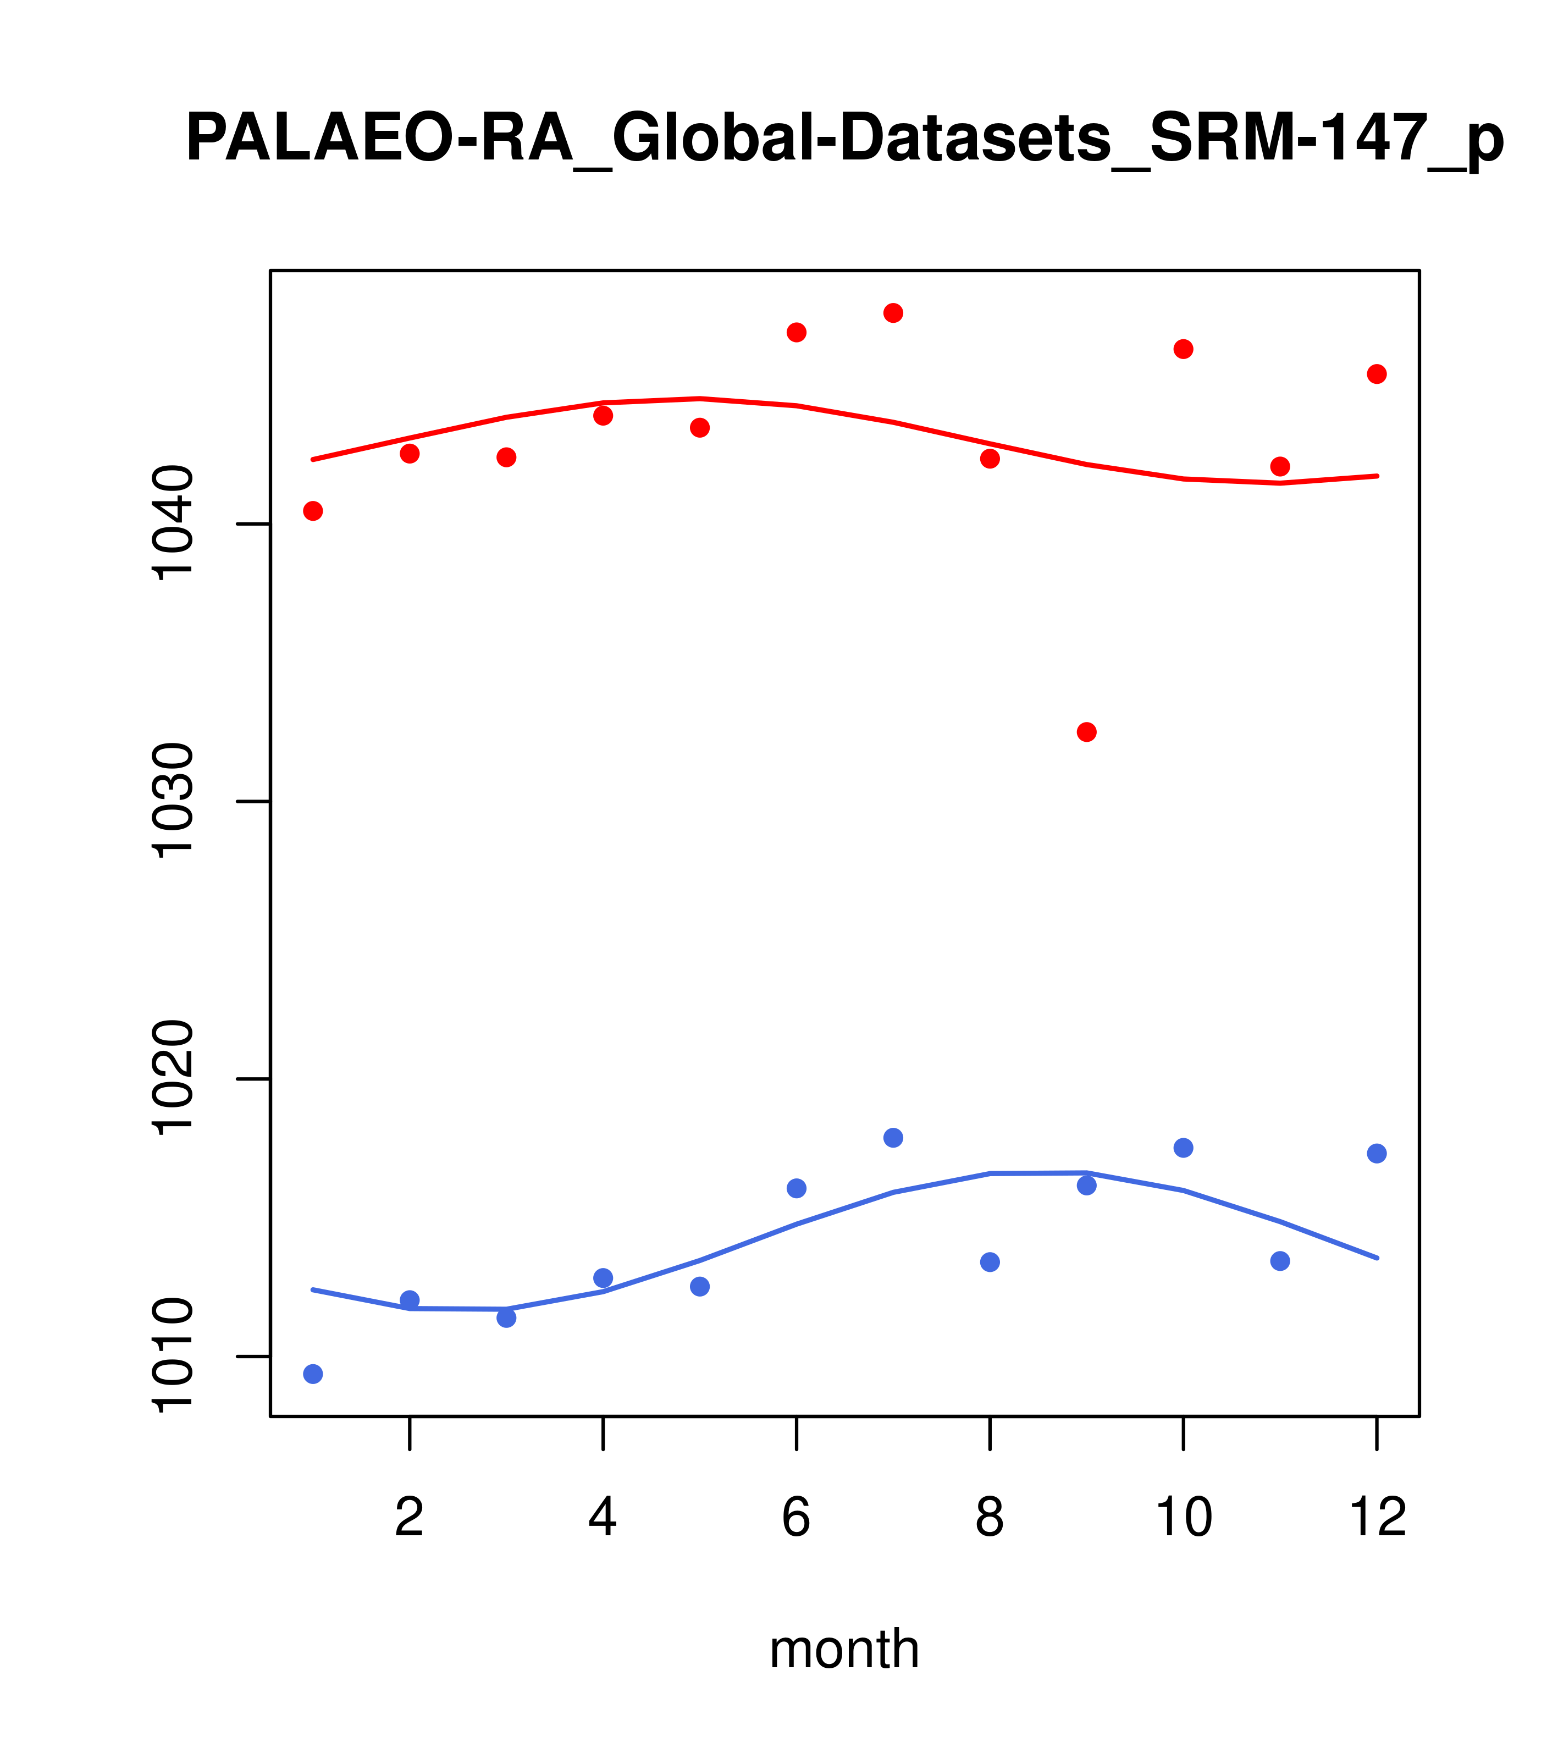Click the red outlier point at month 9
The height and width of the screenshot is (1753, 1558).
pyautogui.click(x=1086, y=731)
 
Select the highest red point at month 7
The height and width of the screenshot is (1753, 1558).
pyautogui.click(x=893, y=313)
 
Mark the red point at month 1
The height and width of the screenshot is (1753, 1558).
pyautogui.click(x=313, y=511)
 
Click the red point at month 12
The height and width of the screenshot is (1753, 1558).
pyautogui.click(x=1377, y=374)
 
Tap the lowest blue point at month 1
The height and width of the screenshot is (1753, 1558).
pyautogui.click(x=313, y=1374)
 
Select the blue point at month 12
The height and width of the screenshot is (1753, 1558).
pyautogui.click(x=1377, y=1154)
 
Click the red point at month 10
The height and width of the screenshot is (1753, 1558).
pyautogui.click(x=1183, y=349)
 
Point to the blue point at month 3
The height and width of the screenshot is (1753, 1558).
pyautogui.click(x=507, y=1317)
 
